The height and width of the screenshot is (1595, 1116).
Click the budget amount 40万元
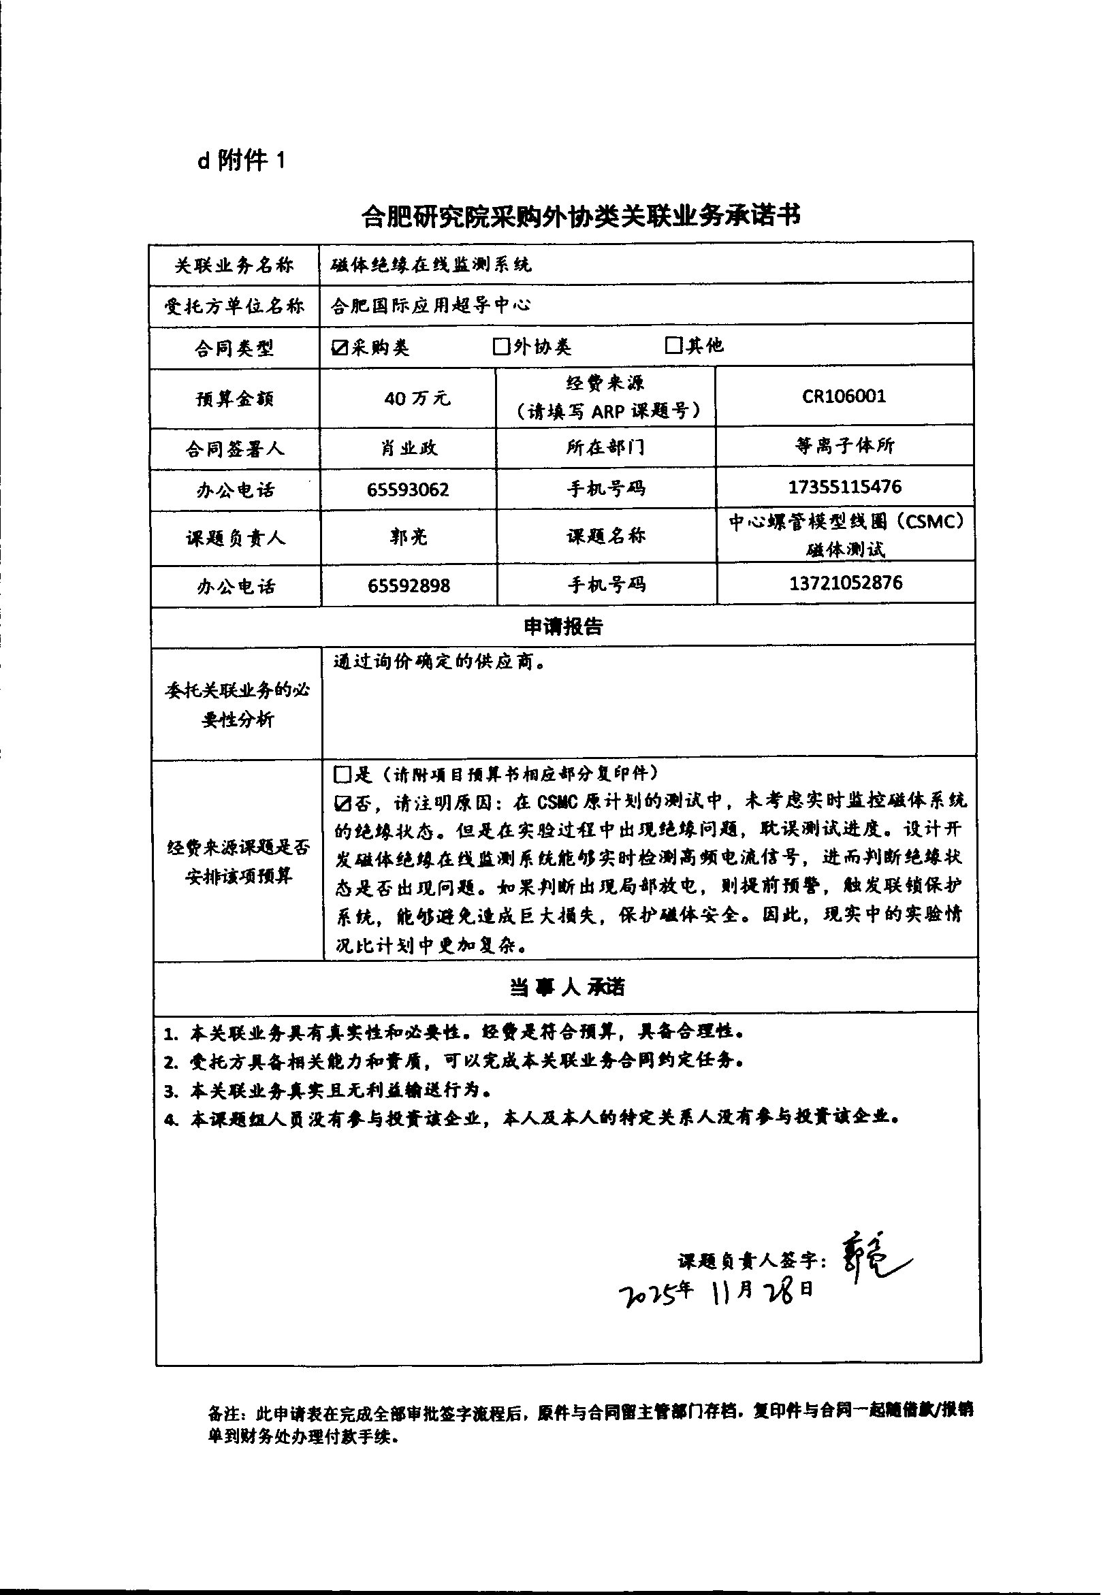417,398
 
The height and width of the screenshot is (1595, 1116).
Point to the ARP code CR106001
844,396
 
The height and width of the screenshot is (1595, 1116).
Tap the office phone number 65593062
408,489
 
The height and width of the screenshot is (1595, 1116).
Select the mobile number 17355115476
844,486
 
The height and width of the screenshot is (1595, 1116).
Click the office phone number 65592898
409,585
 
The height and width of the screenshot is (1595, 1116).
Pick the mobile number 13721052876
845,582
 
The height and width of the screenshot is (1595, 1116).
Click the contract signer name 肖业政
409,448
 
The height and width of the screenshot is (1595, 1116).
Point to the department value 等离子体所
844,445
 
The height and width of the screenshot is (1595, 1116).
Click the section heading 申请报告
563,626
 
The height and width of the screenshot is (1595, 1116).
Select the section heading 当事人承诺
567,987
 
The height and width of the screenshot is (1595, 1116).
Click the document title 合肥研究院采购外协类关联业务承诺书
581,216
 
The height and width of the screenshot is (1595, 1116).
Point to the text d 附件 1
241,161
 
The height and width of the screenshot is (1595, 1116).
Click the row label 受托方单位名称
234,306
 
